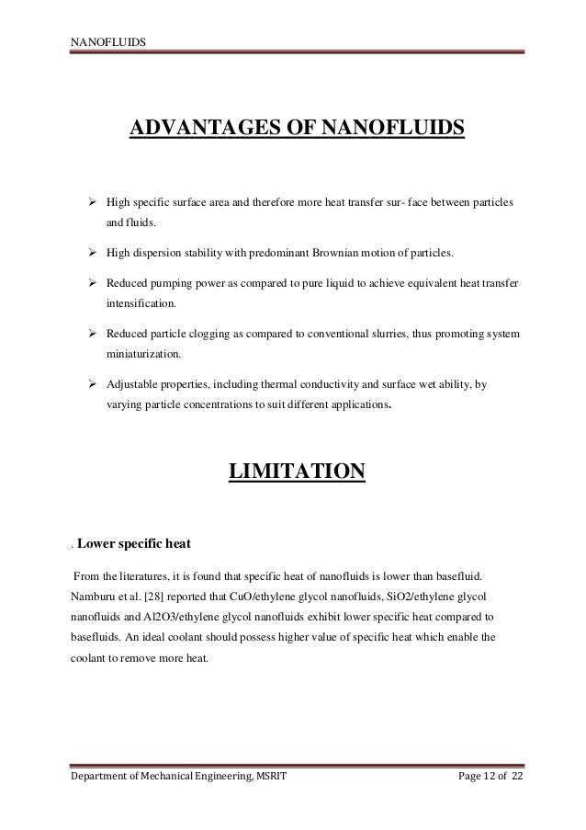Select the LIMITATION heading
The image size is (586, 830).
[297, 472]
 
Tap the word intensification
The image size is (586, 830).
[142, 301]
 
